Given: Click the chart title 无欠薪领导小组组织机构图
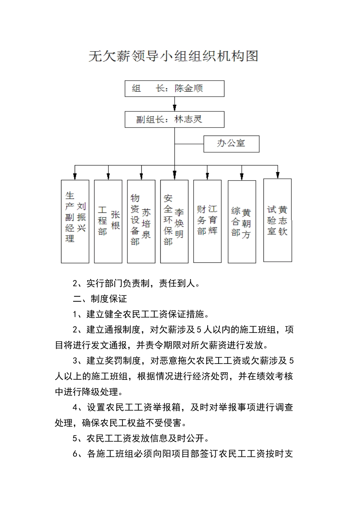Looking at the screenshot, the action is (173, 56).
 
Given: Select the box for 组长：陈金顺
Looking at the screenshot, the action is (174, 89).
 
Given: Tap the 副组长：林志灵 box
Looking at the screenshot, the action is (174, 119).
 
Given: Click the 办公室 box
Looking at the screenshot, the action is (231, 144).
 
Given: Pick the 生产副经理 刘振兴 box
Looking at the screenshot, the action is (75, 222).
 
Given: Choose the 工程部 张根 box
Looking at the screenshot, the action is (108, 222).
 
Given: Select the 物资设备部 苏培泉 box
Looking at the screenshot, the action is (141, 222).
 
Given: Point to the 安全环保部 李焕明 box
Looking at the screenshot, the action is (174, 222).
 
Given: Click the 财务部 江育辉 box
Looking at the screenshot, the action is (207, 222).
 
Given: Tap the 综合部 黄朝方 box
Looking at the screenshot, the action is (242, 222).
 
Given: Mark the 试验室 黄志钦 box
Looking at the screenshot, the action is (277, 220).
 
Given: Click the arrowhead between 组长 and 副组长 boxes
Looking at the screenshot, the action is (175, 108).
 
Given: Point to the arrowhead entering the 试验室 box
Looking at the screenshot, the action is (278, 175).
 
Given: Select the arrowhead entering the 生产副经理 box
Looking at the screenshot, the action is (75, 176).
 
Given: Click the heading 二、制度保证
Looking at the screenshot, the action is (100, 299).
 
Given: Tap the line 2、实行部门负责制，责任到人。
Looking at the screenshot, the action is (136, 283).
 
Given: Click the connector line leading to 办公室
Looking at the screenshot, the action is (189, 144).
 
